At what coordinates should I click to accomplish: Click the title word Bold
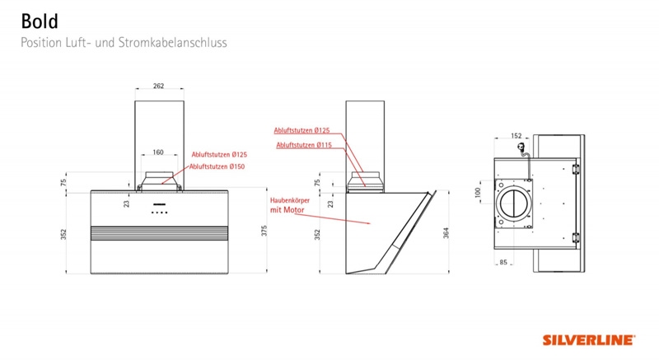coord(40,21)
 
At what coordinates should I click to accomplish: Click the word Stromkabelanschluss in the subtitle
coord(172,43)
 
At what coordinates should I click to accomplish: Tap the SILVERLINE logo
coord(589,340)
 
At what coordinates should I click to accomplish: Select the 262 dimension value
coord(158,86)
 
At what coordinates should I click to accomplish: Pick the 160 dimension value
coord(158,152)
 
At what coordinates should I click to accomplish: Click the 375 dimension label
coord(264,231)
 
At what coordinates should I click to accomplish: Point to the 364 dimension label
coord(446,233)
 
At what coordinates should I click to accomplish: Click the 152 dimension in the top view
coord(516,136)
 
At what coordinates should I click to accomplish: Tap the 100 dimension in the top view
coord(478,193)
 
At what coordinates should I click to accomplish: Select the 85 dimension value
coord(503,262)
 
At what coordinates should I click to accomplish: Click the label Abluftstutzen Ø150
coord(217,166)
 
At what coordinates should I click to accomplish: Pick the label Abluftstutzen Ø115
coord(304,145)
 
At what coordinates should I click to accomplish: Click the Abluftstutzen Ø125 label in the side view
coord(301,131)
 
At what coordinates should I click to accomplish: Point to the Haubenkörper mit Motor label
coord(290,205)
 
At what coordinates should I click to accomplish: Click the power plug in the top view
coord(521,147)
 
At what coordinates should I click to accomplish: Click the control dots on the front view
coord(159,213)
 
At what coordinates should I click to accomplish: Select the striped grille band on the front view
coord(159,233)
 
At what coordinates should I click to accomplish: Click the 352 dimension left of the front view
coord(63,235)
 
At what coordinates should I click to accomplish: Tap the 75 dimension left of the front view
coord(63,183)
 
